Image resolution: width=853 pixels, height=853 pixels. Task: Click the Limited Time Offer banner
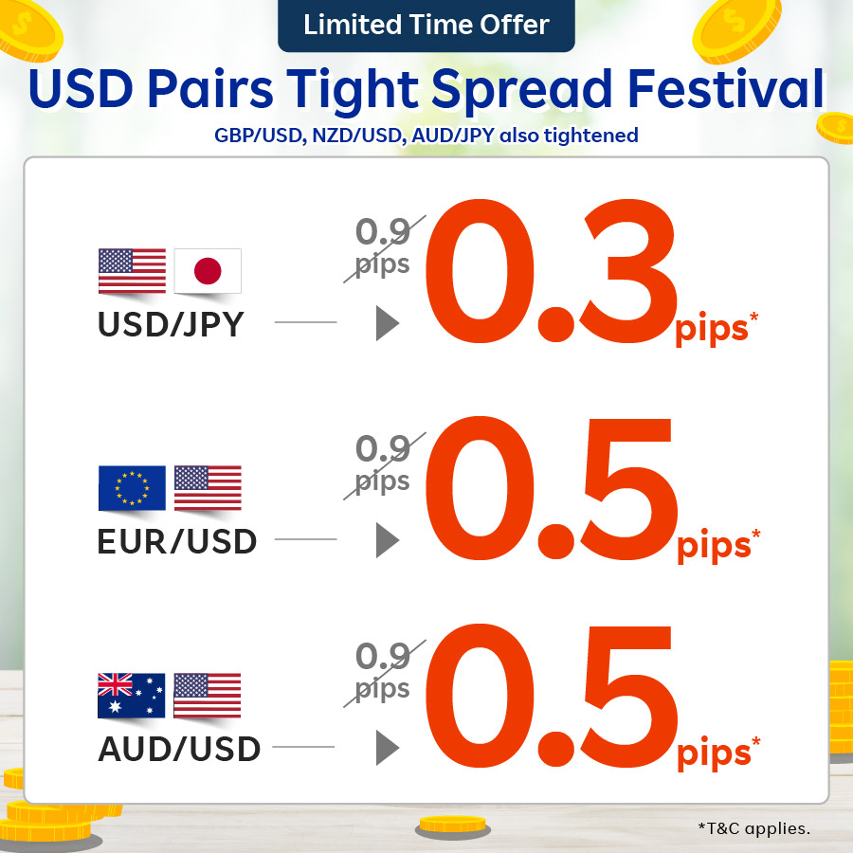tap(426, 25)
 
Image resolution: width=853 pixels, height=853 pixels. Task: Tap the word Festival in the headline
tap(726, 88)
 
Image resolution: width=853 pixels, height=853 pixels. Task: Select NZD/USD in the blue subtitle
tap(357, 136)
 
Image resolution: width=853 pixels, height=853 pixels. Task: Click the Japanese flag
tap(208, 271)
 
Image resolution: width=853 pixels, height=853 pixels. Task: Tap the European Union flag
tap(132, 488)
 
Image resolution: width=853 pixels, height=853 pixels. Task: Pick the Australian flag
tap(132, 696)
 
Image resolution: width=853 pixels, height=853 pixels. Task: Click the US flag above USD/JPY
tap(132, 271)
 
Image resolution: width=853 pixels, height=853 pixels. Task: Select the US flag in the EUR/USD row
tap(208, 488)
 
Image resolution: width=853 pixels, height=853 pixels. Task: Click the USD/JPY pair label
tap(171, 325)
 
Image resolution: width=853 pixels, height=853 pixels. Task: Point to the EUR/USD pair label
tap(177, 541)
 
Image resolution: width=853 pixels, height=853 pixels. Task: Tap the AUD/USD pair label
tap(179, 749)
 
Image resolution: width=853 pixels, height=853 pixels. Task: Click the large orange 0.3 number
tap(551, 271)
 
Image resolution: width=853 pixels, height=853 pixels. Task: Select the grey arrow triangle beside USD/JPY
tap(388, 323)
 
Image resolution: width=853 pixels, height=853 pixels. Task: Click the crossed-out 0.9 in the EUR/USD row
tap(383, 449)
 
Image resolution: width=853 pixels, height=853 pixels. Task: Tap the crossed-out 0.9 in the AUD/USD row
tap(383, 656)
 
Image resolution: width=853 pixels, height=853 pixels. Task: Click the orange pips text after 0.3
tap(712, 329)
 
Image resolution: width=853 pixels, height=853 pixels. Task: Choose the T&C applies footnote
tap(754, 828)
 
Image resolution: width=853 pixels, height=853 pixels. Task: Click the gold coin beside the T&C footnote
tap(453, 826)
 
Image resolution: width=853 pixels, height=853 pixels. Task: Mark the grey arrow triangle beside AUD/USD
tap(388, 748)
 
